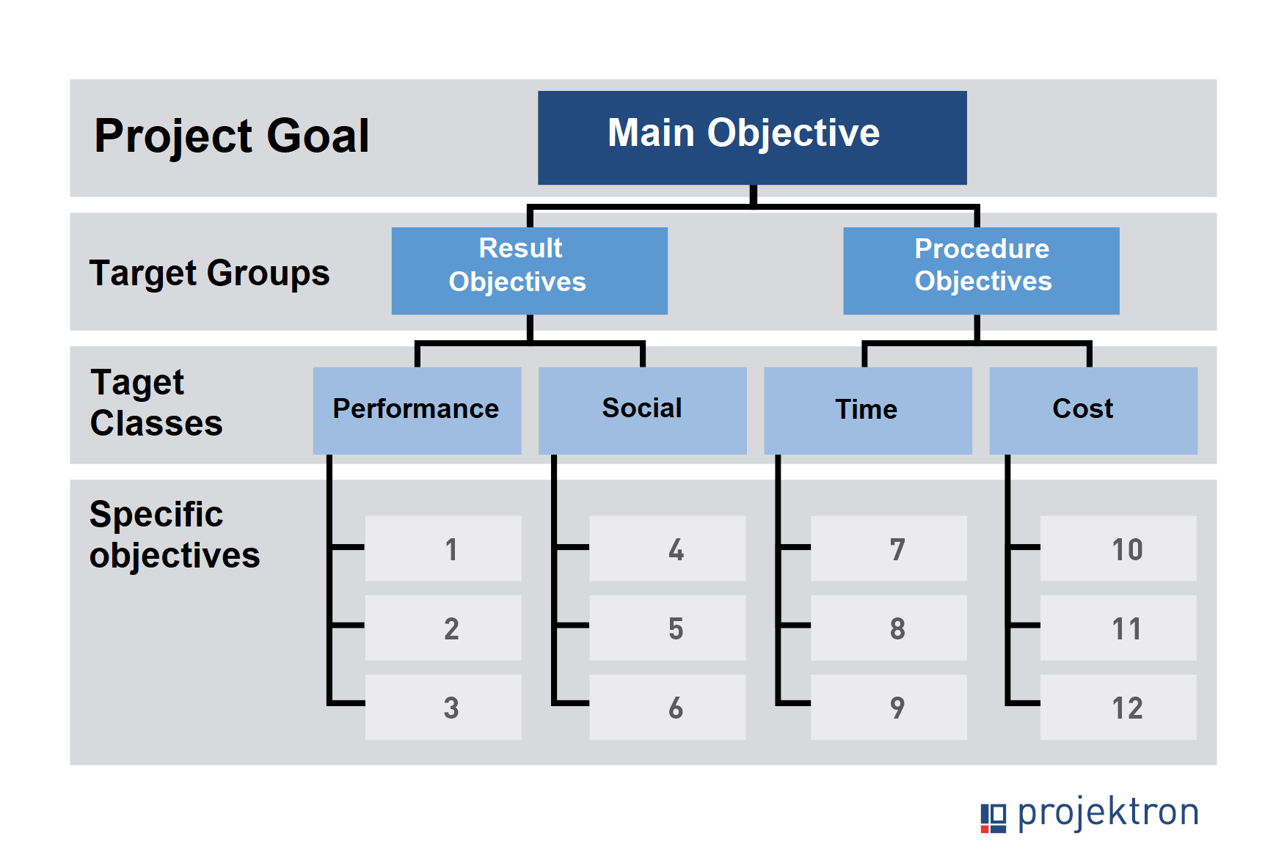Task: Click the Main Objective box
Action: tap(752, 138)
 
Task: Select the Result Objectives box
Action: tap(530, 271)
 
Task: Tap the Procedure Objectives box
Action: tap(982, 271)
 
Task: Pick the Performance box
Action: tap(418, 411)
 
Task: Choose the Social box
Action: tap(643, 411)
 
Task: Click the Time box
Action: tap(868, 411)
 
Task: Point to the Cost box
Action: tap(1093, 411)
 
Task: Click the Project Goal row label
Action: tap(232, 137)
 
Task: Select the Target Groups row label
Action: tap(210, 274)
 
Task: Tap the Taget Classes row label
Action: tap(156, 403)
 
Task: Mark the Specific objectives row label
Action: tap(175, 535)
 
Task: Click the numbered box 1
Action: tap(444, 548)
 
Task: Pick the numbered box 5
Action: tap(668, 628)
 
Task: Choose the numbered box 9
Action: tap(889, 707)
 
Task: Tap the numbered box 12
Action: tap(1118, 707)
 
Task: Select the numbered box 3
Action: tap(444, 707)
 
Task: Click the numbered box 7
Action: tap(889, 548)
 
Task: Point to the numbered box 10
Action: tap(1118, 548)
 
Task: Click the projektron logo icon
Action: tap(993, 818)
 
